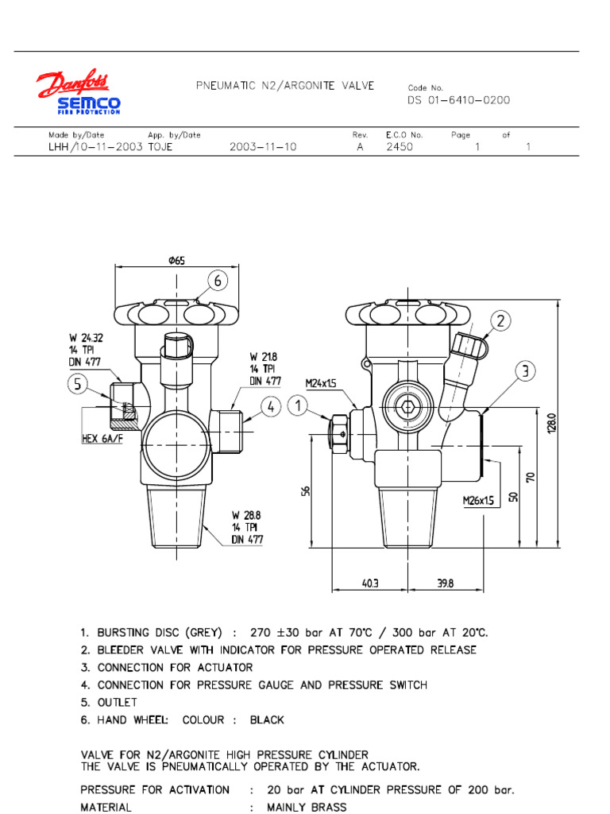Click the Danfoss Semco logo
(77, 93)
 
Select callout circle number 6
(218, 281)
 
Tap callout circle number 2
(500, 321)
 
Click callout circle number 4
(271, 407)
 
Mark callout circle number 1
(297, 407)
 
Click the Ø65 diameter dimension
(176, 261)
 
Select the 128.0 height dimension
(551, 422)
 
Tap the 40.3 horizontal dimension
(371, 583)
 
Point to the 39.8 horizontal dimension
(446, 583)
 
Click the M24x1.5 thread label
(322, 383)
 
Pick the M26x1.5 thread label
(479, 501)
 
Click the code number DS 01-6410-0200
(459, 100)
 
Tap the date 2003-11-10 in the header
(263, 147)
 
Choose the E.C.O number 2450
(400, 147)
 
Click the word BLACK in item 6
(267, 720)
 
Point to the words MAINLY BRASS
(307, 808)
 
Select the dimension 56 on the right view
(306, 492)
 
